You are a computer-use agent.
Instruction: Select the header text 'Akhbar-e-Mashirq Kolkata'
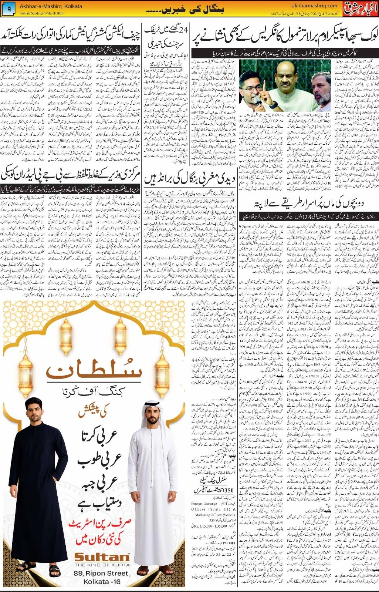[51, 6]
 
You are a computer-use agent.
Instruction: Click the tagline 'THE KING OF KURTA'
[102, 565]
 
